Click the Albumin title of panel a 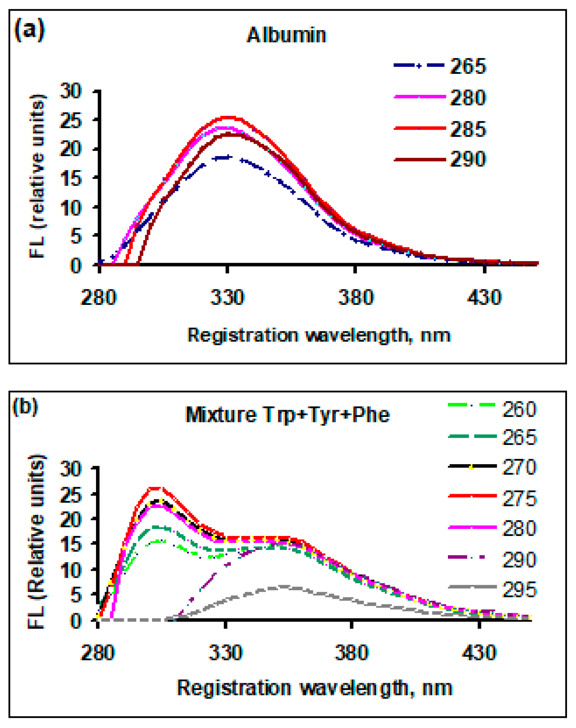point(286,35)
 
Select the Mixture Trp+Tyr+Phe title point(287,415)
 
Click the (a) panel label point(29,30)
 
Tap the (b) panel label point(25,407)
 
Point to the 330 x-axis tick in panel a point(227,297)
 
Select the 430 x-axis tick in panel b point(479,653)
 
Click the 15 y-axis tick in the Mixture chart point(71,544)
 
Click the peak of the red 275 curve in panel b point(156,488)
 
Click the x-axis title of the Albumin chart point(319,335)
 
